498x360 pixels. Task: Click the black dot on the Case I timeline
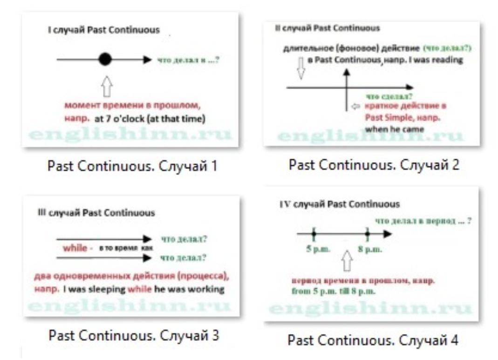pyautogui.click(x=105, y=59)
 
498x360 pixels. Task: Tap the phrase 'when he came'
pyautogui.click(x=390, y=129)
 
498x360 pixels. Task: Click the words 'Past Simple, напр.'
pyautogui.click(x=403, y=118)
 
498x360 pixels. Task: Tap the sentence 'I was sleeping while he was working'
pyautogui.click(x=143, y=289)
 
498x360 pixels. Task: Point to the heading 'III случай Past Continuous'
pyautogui.click(x=96, y=213)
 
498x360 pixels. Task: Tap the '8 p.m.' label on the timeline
pyautogui.click(x=370, y=249)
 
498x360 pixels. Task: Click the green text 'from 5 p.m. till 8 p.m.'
pyautogui.click(x=332, y=291)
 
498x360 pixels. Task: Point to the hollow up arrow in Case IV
pyautogui.click(x=347, y=261)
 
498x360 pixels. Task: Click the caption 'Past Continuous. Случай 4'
pyautogui.click(x=373, y=340)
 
